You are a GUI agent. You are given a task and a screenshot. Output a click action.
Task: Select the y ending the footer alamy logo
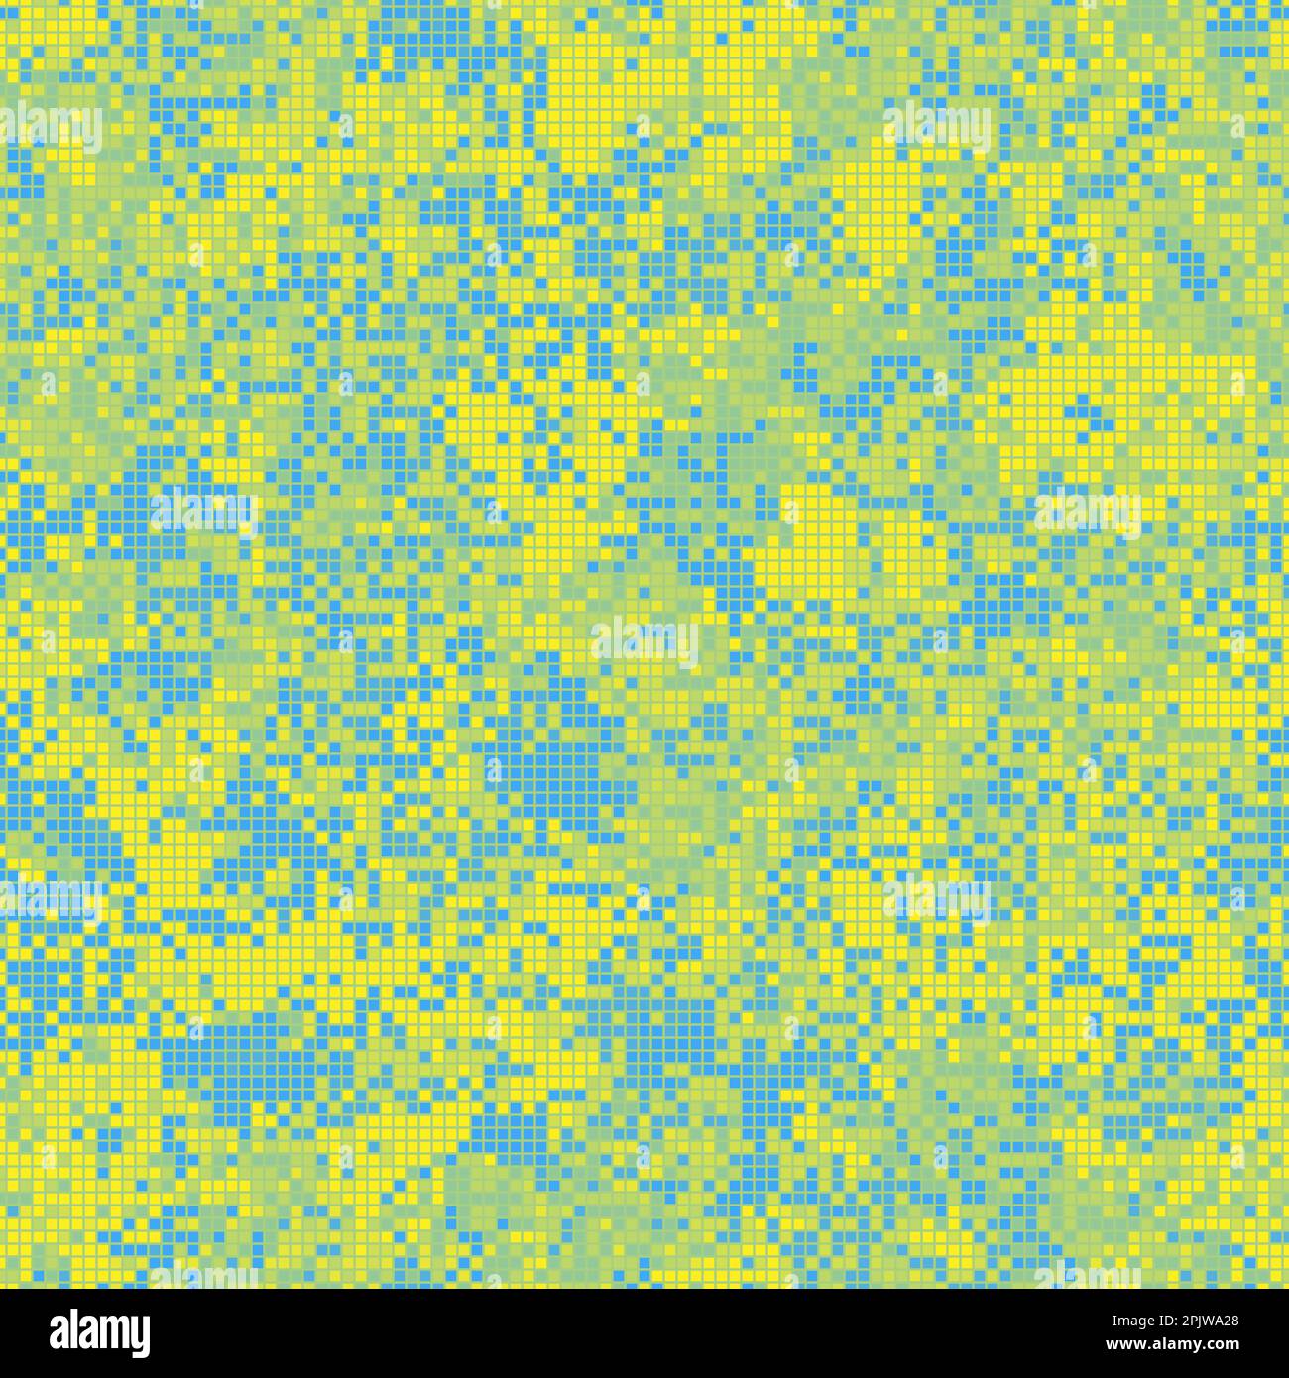click(138, 1337)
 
